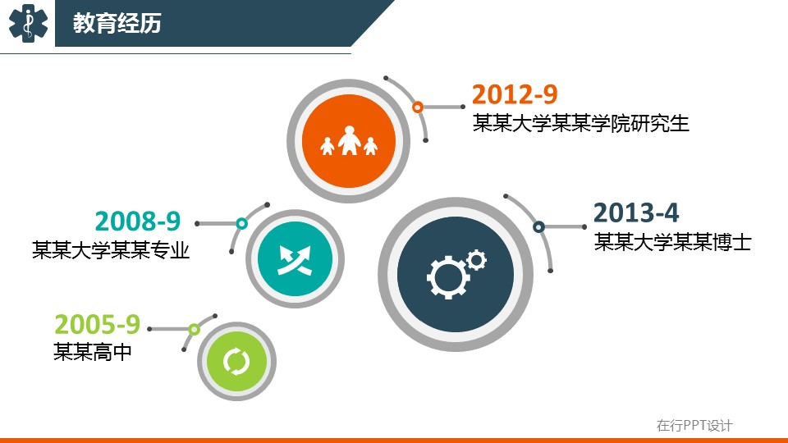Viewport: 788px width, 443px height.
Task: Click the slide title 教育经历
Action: pos(117,23)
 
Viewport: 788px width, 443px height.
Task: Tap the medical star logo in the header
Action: pos(28,23)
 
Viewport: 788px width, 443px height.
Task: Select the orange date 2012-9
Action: pos(515,94)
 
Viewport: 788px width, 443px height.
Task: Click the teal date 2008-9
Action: pos(138,221)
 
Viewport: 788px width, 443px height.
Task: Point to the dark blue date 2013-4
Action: pos(636,213)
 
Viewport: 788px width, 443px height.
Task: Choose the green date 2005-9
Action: pos(97,324)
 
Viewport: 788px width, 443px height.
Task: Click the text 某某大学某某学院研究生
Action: pos(580,124)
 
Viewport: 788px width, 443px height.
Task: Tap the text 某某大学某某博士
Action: pos(672,242)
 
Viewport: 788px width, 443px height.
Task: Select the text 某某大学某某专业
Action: pos(111,250)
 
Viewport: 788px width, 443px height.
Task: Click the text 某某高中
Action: pos(93,352)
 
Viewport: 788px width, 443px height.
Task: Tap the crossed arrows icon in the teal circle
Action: pos(295,260)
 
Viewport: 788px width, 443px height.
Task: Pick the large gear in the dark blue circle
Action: pos(447,276)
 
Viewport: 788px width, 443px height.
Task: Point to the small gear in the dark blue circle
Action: pos(476,260)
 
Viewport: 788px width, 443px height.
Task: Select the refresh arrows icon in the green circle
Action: pos(236,361)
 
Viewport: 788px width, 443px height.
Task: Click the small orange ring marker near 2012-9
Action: pos(418,107)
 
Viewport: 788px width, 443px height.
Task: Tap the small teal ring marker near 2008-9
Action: pos(241,223)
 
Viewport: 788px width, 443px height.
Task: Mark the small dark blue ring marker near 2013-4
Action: pos(538,227)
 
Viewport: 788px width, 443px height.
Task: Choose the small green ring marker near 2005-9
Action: pos(194,330)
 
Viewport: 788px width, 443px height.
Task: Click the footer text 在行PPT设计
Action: pos(694,426)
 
